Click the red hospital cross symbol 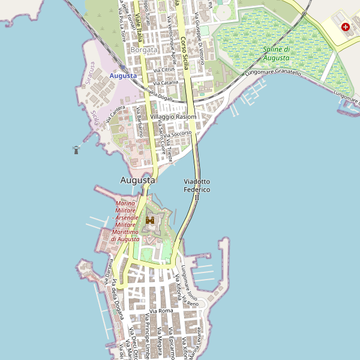point(346,27)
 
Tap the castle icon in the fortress point(150,220)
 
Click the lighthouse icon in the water point(76,149)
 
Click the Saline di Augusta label point(277,53)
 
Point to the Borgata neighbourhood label point(143,50)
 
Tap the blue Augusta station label point(123,76)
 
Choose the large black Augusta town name point(137,179)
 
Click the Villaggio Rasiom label point(173,116)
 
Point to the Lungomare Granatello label point(273,72)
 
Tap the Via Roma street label point(161,311)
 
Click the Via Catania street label point(166,82)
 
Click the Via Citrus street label point(164,70)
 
